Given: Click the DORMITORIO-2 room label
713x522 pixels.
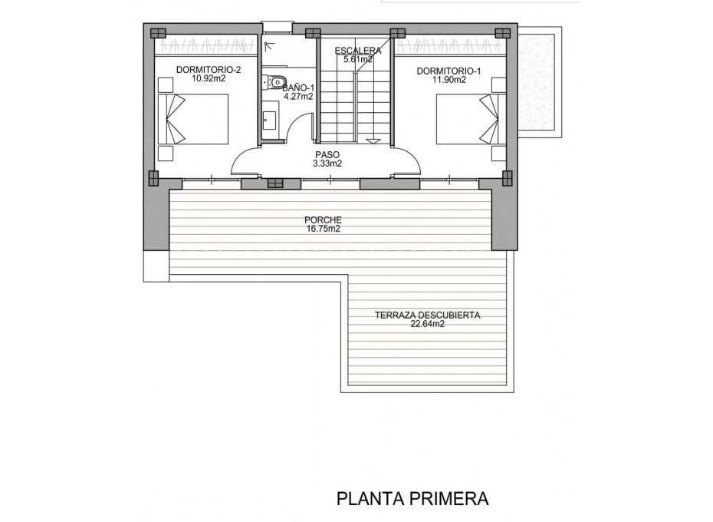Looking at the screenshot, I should [208, 70].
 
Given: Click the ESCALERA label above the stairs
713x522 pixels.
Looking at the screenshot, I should [357, 51].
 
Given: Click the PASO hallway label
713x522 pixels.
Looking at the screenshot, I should [327, 154].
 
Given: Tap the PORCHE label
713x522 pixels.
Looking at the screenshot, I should [323, 220].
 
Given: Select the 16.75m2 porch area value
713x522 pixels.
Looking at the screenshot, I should [323, 229].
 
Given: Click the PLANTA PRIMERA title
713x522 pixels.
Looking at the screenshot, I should [412, 499].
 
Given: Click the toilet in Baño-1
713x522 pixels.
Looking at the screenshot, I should [276, 82].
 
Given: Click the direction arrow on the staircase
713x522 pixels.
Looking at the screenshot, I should [373, 140].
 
